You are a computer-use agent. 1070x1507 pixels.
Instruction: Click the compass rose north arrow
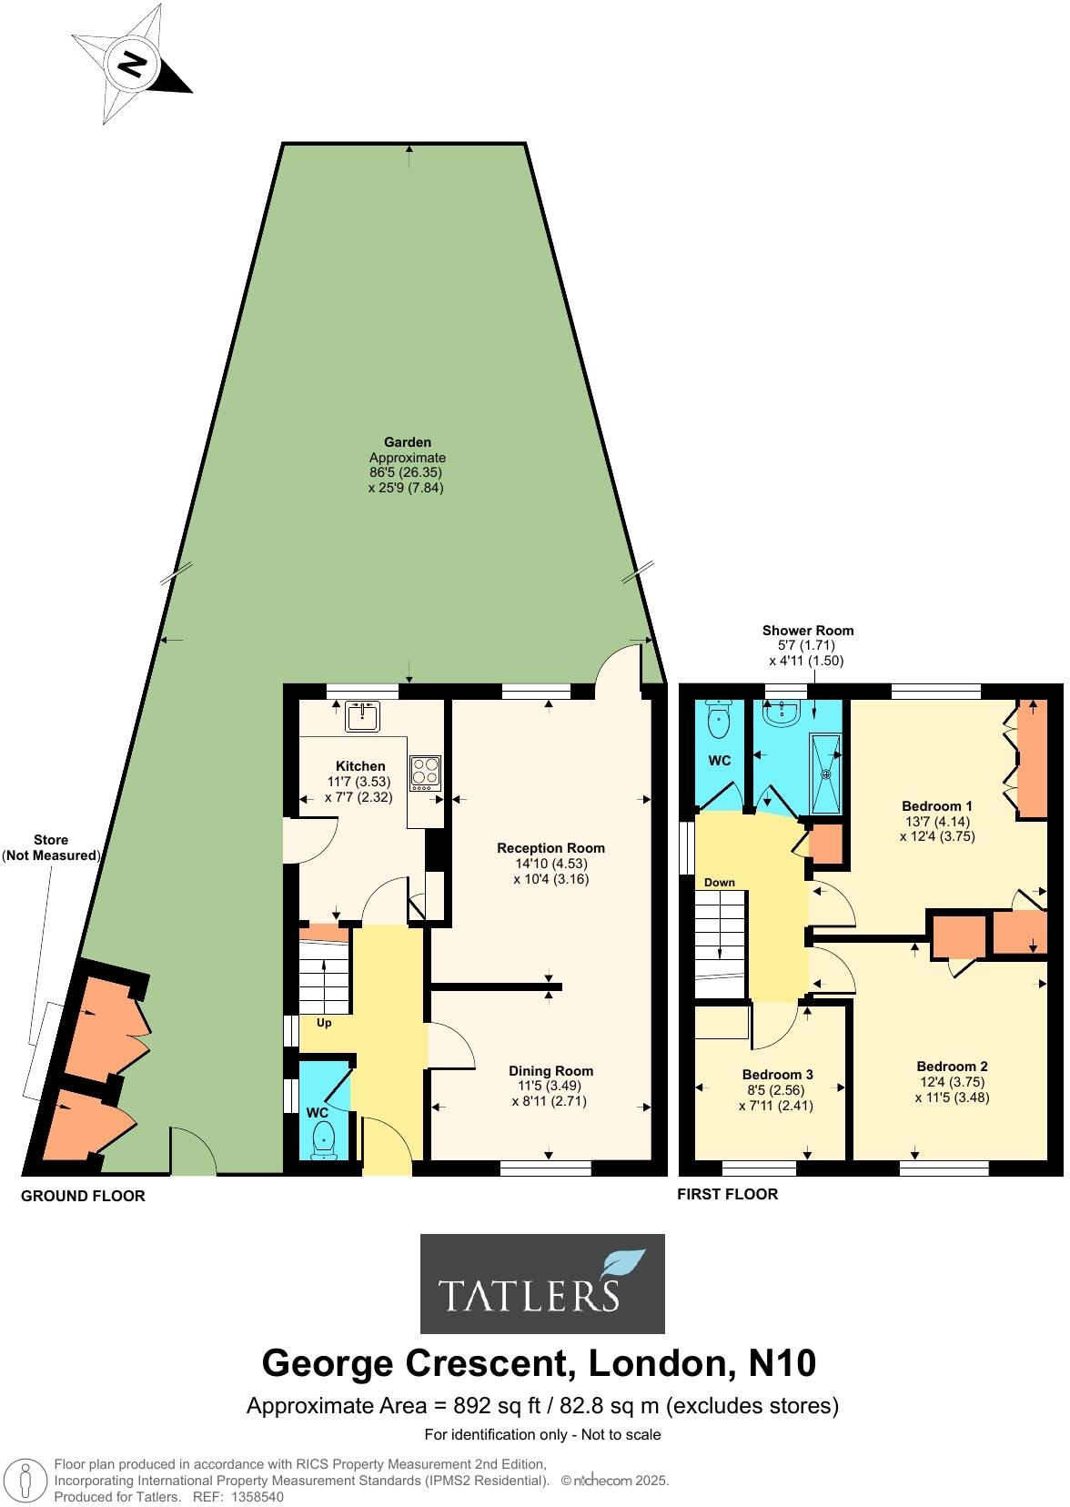pos(134,65)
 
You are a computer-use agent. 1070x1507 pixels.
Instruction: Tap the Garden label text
pos(407,442)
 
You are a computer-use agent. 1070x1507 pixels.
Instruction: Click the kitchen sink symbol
pos(363,717)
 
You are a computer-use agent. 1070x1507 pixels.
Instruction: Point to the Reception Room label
pos(550,847)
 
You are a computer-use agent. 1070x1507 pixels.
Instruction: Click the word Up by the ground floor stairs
pos(323,1023)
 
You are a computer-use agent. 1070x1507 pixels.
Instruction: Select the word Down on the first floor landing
pos(719,883)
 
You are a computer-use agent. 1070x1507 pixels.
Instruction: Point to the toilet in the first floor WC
pos(719,722)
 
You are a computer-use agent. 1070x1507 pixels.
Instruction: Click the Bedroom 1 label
pos(937,805)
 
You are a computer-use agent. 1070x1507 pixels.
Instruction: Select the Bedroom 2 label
pos(952,1067)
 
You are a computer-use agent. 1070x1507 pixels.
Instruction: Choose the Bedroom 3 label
pos(777,1074)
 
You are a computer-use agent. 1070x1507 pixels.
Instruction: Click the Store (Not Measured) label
pos(51,847)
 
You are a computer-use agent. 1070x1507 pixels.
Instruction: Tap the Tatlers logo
pos(542,1283)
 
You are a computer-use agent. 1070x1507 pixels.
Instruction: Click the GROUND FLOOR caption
pos(83,1196)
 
